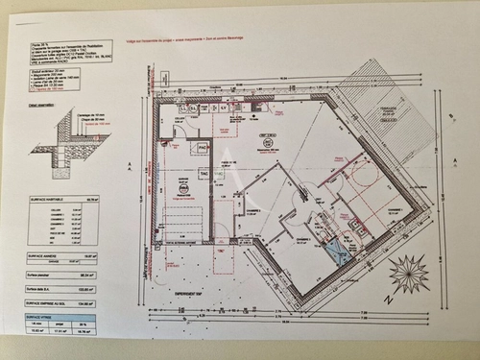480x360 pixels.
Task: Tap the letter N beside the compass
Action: pyautogui.click(x=388, y=300)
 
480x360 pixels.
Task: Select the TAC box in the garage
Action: pyautogui.click(x=204, y=172)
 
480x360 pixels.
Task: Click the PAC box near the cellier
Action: pyautogui.click(x=202, y=149)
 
